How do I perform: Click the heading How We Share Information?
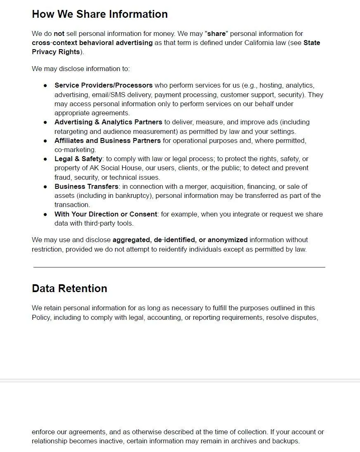coord(99,14)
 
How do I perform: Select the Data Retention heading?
coord(69,288)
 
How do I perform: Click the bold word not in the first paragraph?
coord(59,33)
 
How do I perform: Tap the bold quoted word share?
coord(216,33)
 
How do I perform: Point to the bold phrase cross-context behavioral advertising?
coord(92,43)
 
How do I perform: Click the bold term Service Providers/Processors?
coord(103,86)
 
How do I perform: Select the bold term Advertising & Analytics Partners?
coord(108,122)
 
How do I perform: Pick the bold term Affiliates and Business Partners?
coord(107,140)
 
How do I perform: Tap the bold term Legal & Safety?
coord(78,159)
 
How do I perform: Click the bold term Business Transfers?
coord(86,186)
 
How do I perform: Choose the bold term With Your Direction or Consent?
coord(106,214)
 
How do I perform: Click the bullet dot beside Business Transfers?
coord(45,187)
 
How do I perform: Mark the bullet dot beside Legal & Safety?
coord(45,159)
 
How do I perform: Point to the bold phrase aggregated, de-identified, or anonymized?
coord(180,240)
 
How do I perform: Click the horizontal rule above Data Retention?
coord(179,267)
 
